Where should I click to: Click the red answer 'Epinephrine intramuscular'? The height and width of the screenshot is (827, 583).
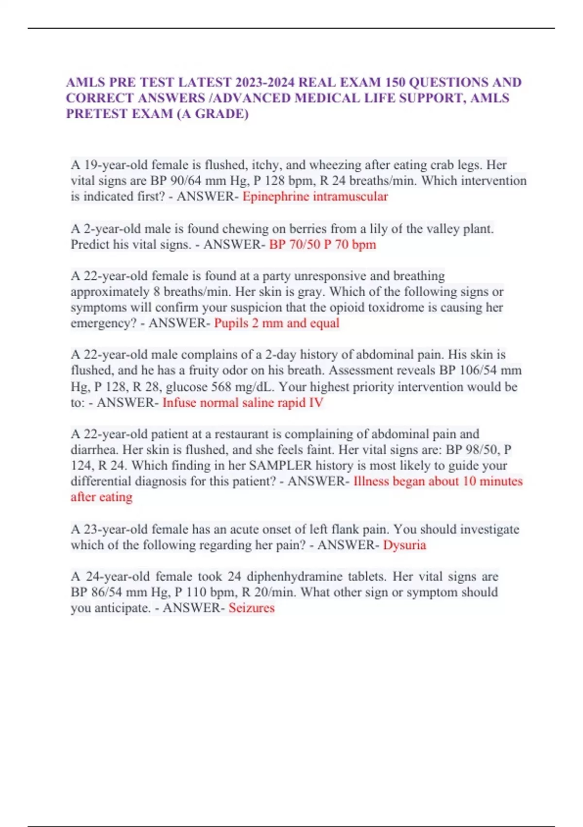point(315,197)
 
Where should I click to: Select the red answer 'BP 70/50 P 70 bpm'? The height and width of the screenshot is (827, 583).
point(322,244)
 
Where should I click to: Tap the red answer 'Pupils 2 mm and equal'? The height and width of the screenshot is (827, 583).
point(276,323)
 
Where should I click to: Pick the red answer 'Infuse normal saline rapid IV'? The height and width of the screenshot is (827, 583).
point(242,403)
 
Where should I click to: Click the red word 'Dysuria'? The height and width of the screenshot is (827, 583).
point(404,545)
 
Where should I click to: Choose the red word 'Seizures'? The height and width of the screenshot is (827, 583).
point(251,608)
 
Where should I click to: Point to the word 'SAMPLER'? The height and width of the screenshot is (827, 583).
point(280,466)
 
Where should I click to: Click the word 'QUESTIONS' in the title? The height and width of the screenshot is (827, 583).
point(441,82)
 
